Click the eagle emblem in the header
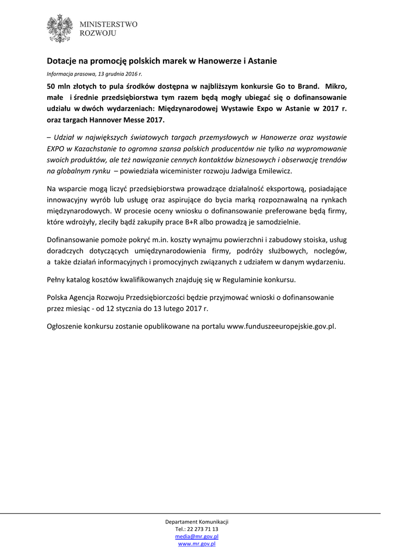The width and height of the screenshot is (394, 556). click(60, 28)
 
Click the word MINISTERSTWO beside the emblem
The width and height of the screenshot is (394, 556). click(109, 24)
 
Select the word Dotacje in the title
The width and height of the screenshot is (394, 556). click(61, 61)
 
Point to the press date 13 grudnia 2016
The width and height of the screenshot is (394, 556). click(118, 73)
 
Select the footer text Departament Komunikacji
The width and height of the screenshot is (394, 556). click(197, 522)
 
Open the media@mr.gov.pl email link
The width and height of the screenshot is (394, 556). click(197, 536)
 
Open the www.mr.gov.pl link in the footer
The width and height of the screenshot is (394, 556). click(197, 543)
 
